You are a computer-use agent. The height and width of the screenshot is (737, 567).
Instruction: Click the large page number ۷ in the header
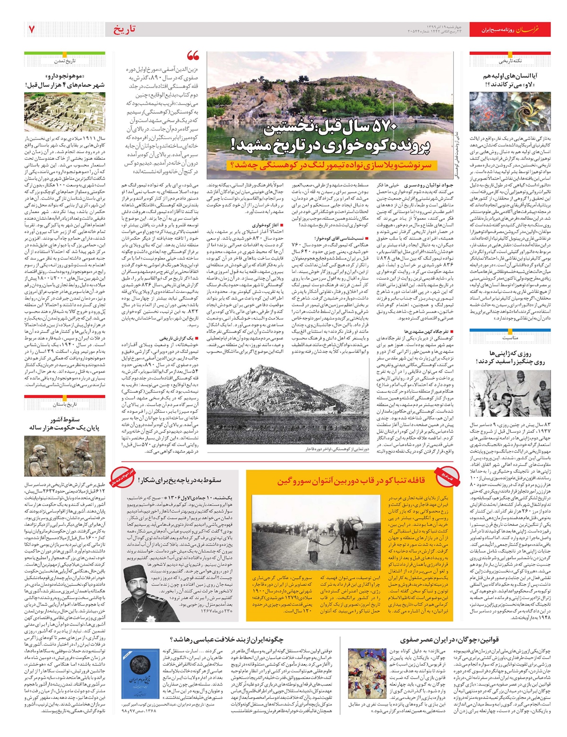pyautogui.click(x=32, y=29)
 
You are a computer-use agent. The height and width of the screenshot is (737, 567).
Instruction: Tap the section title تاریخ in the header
pyautogui.click(x=124, y=29)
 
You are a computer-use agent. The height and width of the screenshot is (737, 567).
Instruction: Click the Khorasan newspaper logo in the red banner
pyautogui.click(x=533, y=29)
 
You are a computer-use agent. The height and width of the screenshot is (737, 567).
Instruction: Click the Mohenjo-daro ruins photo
pyautogui.click(x=65, y=111)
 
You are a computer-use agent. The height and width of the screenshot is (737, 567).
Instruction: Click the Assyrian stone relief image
pyautogui.click(x=65, y=456)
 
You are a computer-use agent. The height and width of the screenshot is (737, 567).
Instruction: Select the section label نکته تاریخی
pyautogui.click(x=510, y=61)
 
